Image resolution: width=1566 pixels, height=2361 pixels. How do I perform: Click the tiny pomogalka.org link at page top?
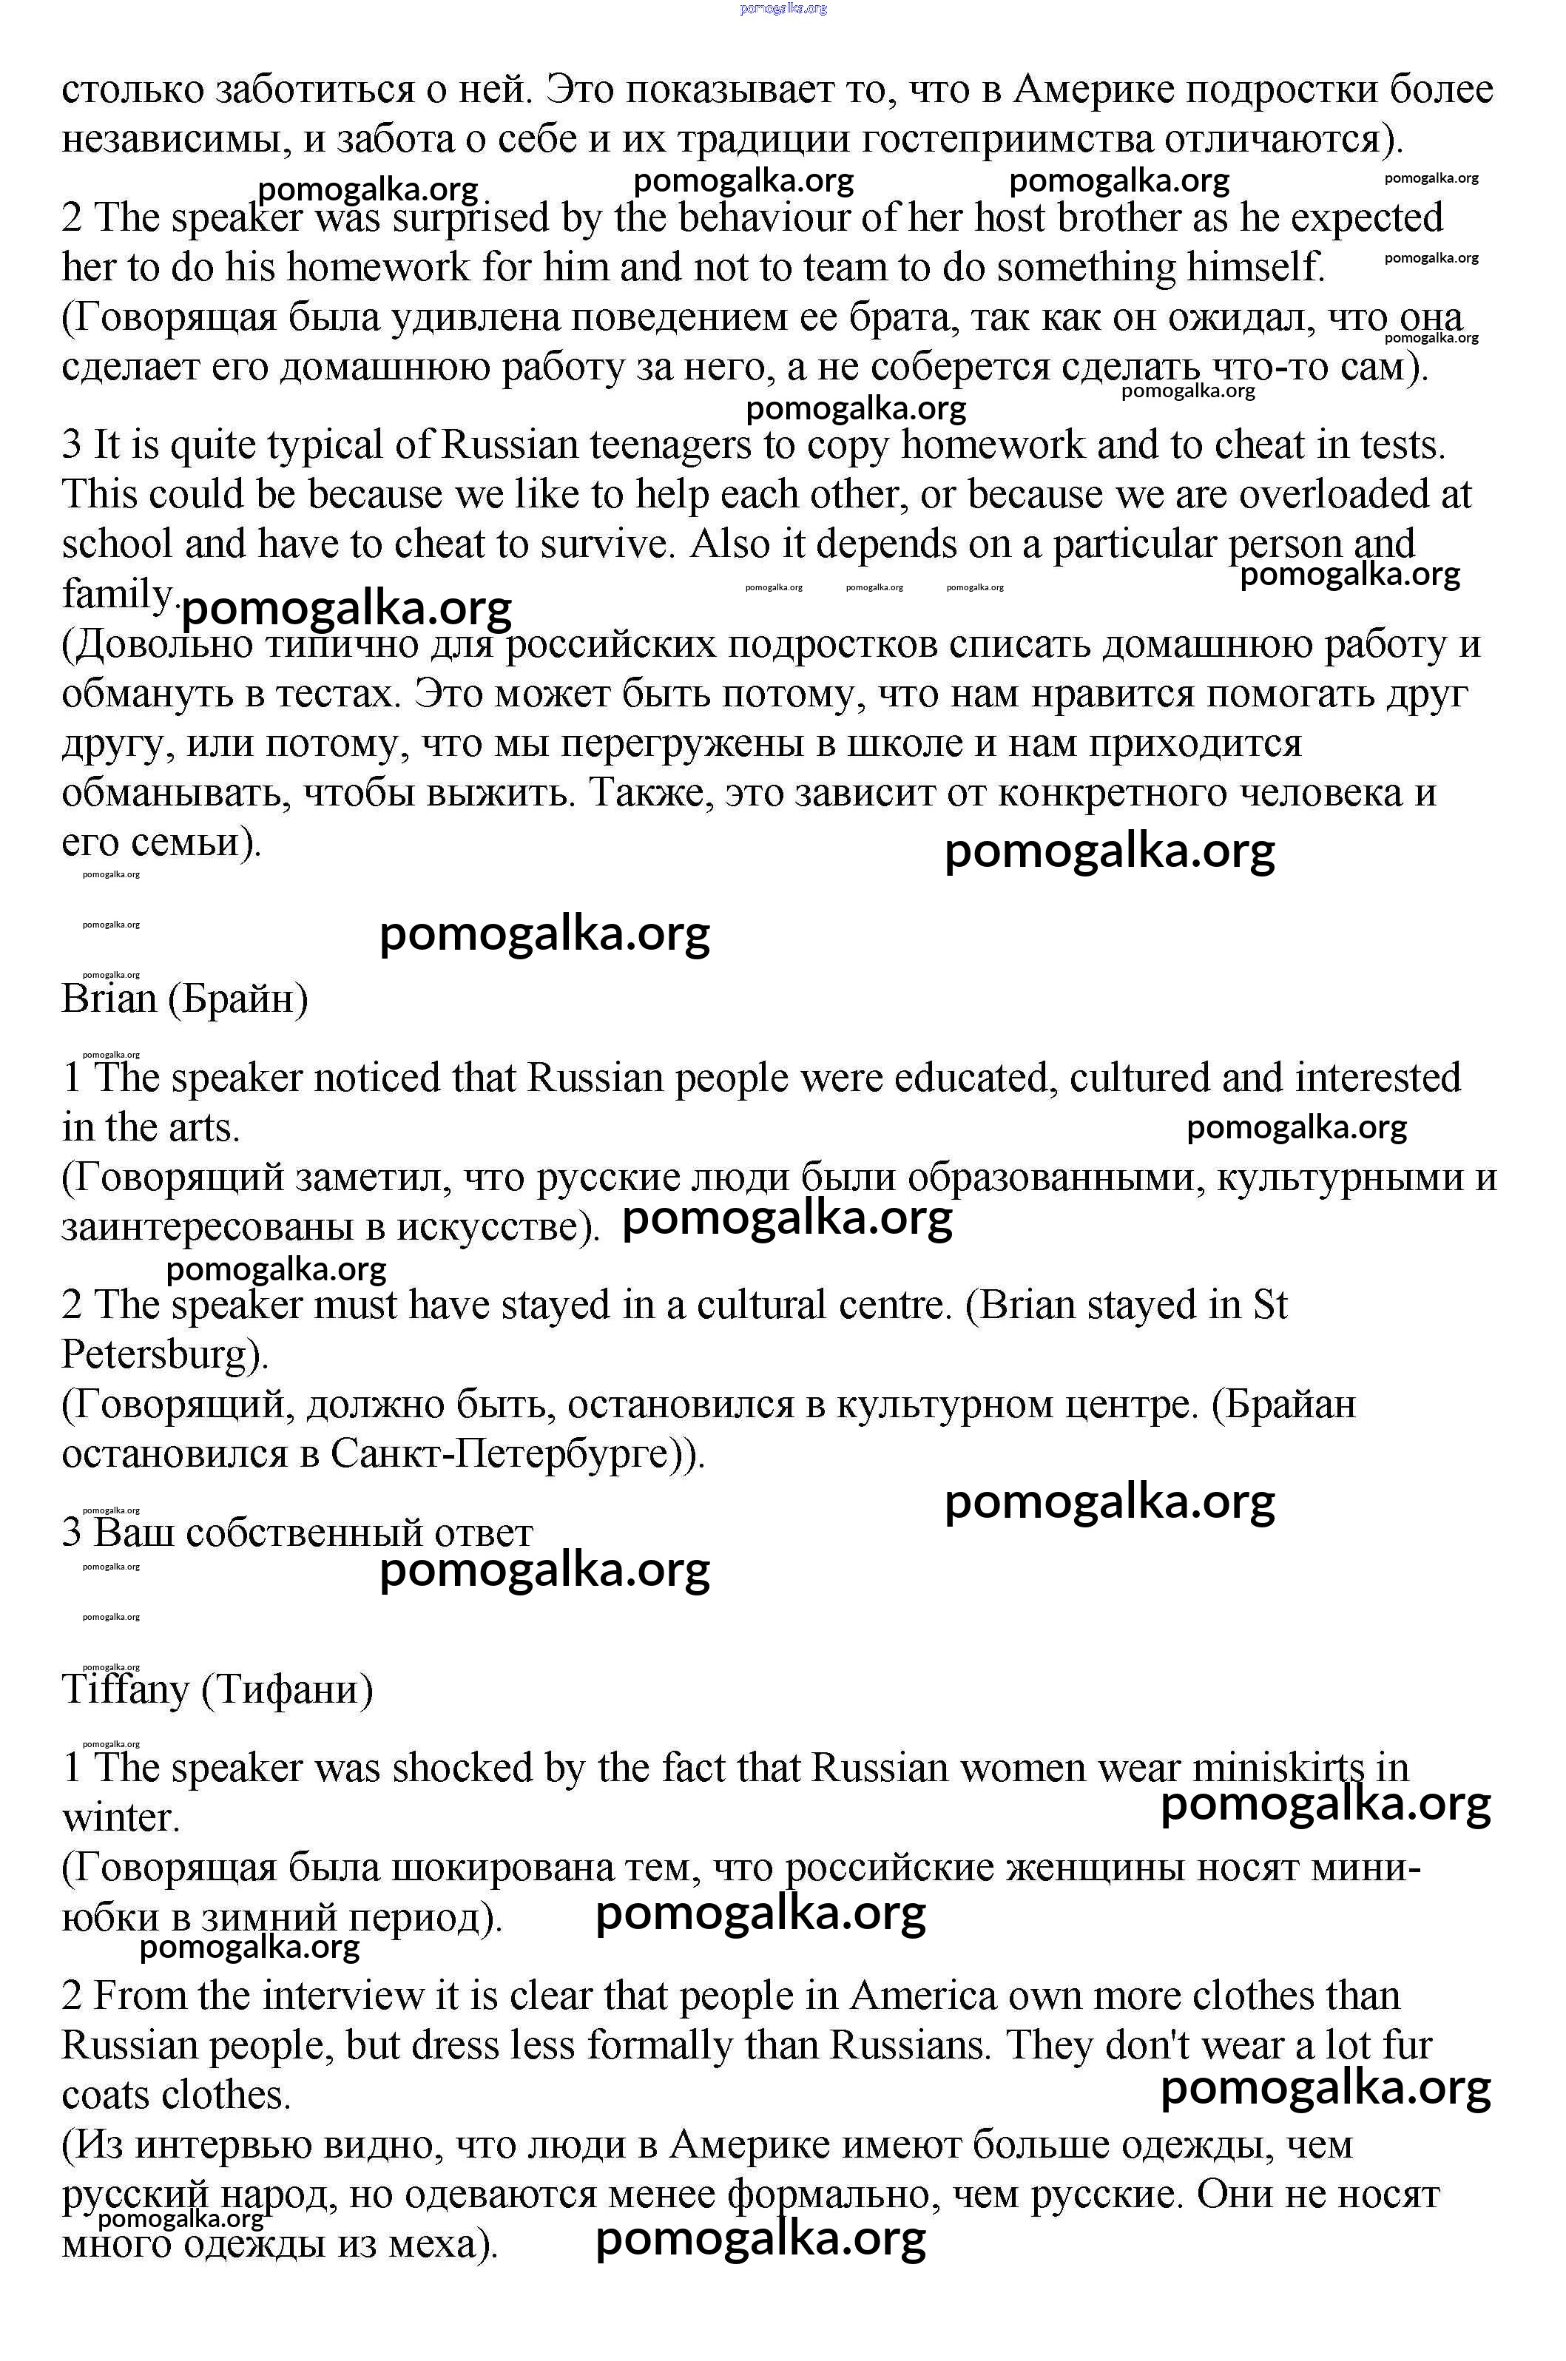pos(783,9)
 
